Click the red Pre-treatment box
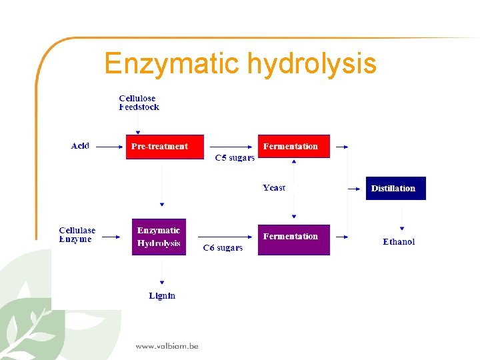pos(164,146)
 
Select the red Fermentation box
pos(294,146)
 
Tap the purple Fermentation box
pos(294,239)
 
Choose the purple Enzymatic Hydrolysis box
pos(159,237)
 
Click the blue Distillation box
pos(395,188)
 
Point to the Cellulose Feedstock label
pos(139,103)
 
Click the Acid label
pos(80,146)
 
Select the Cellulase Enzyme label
pos(77,235)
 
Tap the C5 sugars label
pos(235,158)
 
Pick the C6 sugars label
pos(223,248)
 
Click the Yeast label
pos(274,188)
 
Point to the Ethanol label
pos(399,242)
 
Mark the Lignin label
pos(162,295)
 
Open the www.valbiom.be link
pos(167,345)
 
